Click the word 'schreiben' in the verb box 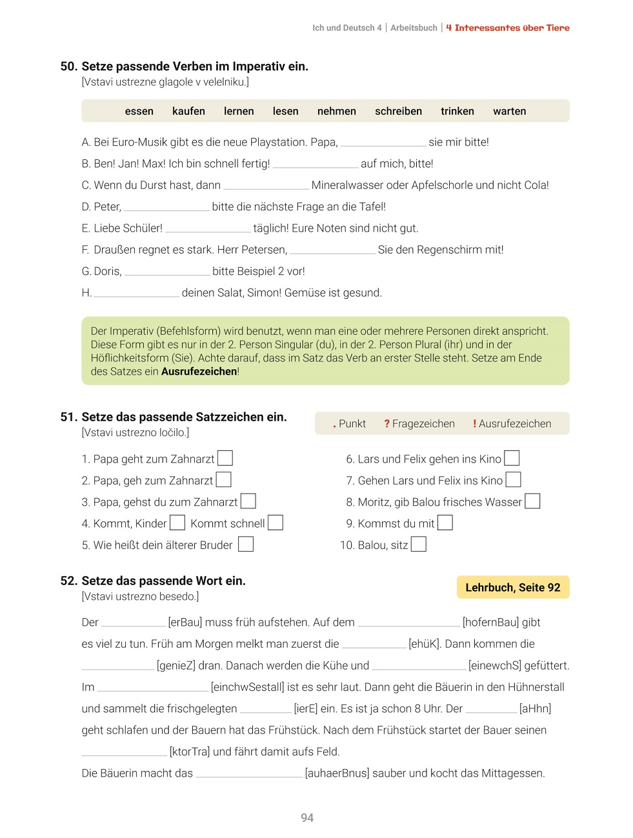[398, 111]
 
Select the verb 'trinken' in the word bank [457, 111]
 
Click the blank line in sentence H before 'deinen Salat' [136, 294]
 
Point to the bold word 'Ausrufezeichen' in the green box [199, 372]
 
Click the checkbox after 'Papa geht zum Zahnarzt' [225, 458]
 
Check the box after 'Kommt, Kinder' [177, 523]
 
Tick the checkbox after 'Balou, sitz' [419, 544]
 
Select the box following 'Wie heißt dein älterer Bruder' [246, 544]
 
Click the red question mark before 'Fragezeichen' [387, 424]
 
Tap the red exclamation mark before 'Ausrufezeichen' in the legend [474, 424]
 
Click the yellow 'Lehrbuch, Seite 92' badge [512, 587]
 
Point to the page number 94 [307, 817]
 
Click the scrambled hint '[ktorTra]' [189, 752]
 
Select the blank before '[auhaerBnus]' [249, 774]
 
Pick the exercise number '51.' [68, 417]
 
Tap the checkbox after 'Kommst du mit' [445, 523]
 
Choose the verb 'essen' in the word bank [139, 111]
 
